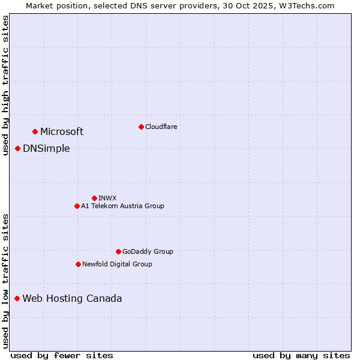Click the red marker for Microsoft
click(x=35, y=131)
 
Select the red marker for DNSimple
click(x=18, y=148)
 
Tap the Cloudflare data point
click(x=141, y=127)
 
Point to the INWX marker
click(x=94, y=198)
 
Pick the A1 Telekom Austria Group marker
click(x=77, y=206)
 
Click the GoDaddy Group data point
click(x=118, y=251)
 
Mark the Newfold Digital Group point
click(x=78, y=264)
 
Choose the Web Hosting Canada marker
click(x=17, y=298)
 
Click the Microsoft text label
click(x=62, y=131)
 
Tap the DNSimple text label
click(x=46, y=148)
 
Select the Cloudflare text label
click(x=161, y=127)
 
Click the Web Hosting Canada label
click(x=72, y=298)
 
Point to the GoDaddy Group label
click(x=148, y=251)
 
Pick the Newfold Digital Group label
click(x=117, y=264)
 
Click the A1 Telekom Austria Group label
click(x=122, y=206)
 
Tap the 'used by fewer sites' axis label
click(x=62, y=355)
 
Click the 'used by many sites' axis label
click(x=301, y=355)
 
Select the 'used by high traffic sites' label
click(x=5, y=85)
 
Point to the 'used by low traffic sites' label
click(x=5, y=280)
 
